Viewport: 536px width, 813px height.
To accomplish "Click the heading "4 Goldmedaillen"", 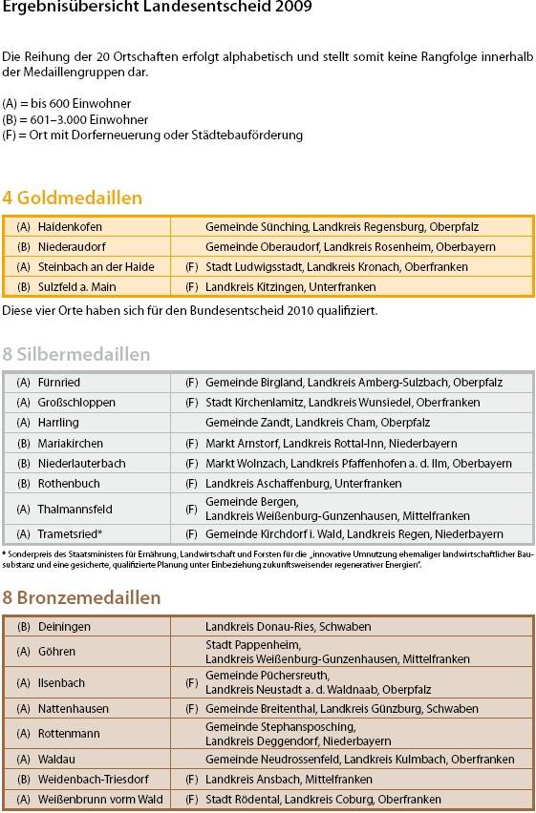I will (72, 198).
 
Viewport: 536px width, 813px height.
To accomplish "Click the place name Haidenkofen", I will (70, 227).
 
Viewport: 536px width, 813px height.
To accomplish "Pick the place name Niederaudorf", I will (70, 247).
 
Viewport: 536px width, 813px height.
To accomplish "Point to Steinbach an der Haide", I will (96, 267).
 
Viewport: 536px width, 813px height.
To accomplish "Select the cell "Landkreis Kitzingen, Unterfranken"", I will (290, 287).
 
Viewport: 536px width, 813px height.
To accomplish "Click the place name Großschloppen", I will (76, 403).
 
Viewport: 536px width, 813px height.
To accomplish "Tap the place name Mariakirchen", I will (70, 444).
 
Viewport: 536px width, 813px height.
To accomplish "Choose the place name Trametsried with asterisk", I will (70, 534).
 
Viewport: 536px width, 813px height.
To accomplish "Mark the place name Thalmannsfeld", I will (75, 510).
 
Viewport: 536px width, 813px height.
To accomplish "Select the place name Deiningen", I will (64, 627).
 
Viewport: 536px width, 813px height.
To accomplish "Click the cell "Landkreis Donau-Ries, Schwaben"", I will (288, 627).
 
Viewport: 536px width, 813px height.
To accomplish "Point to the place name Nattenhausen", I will (73, 709).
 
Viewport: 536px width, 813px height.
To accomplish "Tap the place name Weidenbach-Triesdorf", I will (93, 780).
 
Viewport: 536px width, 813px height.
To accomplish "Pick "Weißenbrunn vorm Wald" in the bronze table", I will (100, 800).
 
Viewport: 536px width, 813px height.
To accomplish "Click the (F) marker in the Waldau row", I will (191, 760).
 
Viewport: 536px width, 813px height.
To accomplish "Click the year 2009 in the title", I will (294, 7).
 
